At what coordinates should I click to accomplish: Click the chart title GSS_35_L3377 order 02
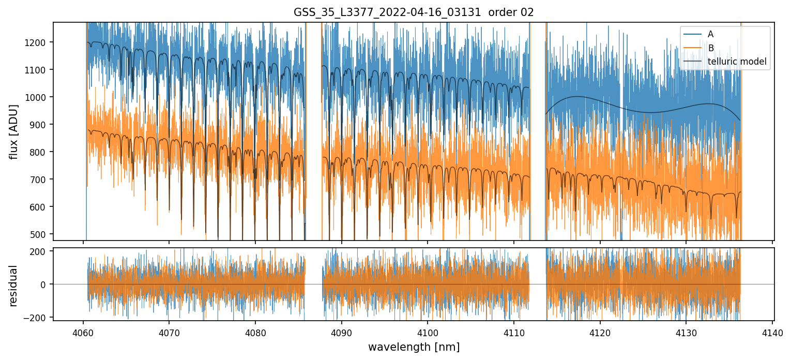click(414, 12)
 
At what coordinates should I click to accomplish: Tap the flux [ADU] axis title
click(14, 131)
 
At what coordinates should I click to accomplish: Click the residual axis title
click(14, 286)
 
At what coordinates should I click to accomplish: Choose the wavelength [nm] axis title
click(414, 347)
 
